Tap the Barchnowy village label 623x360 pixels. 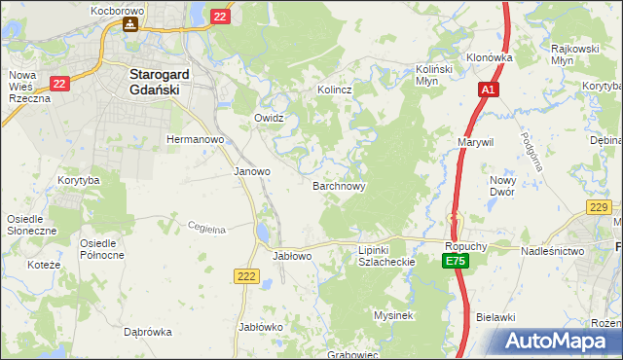(x=339, y=185)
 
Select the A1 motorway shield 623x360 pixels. (x=488, y=90)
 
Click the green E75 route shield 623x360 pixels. (x=455, y=262)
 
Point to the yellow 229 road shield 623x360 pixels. (x=599, y=206)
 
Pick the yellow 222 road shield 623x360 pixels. (x=246, y=277)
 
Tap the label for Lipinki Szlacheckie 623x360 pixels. (x=387, y=256)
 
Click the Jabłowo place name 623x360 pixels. (x=291, y=256)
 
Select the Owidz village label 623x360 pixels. (x=269, y=118)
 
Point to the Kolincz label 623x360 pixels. (x=334, y=90)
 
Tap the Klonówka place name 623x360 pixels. (x=489, y=57)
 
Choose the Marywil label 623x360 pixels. (x=476, y=142)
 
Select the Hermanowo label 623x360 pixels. (x=196, y=139)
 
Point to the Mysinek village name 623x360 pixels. (x=394, y=315)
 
